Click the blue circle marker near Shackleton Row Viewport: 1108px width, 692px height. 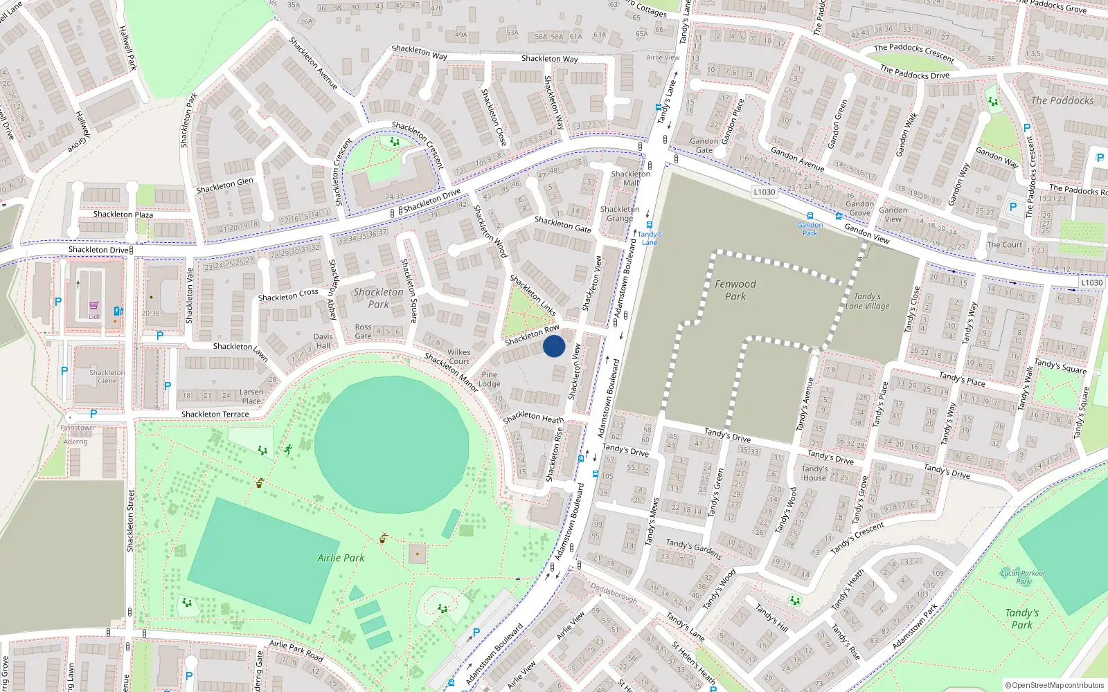(554, 346)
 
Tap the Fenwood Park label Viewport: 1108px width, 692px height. (735, 290)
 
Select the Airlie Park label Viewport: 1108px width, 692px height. (341, 558)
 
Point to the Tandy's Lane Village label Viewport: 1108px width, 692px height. (867, 301)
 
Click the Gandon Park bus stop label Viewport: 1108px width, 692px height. (810, 229)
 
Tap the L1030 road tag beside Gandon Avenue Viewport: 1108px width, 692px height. (764, 192)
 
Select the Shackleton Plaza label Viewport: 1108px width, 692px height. (123, 215)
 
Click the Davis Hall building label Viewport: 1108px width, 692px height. (323, 341)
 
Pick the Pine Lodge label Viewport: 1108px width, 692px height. (489, 379)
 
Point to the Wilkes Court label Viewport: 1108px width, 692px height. (458, 356)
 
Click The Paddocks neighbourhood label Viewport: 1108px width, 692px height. (1062, 101)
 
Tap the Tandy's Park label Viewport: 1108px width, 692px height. (1021, 619)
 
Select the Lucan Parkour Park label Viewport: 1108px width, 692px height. (1023, 577)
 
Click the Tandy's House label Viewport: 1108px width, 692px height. (814, 473)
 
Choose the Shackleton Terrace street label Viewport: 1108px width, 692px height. (215, 415)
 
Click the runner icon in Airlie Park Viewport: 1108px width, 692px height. (287, 450)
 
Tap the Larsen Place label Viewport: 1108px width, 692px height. (251, 397)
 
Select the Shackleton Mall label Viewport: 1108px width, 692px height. (630, 179)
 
